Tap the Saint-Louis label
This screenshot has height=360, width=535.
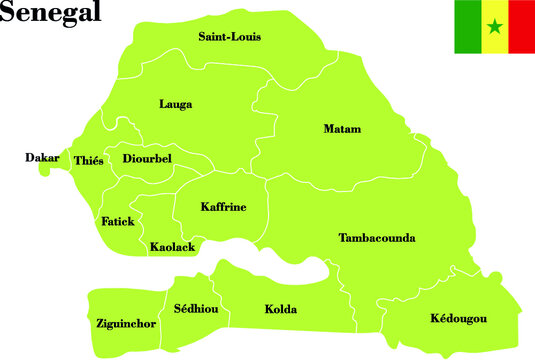[x=229, y=37]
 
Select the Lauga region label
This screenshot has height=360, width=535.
[x=175, y=104]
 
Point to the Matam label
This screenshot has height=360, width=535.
[x=342, y=129]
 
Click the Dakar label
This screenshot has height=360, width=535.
[x=42, y=158]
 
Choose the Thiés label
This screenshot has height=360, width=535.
[x=88, y=161]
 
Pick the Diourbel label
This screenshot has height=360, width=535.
[x=147, y=158]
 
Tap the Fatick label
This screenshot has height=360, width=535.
[x=118, y=221]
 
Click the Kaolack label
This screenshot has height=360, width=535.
[x=172, y=246]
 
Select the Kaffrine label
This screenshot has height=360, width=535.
[x=223, y=207]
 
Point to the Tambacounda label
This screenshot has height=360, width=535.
[x=377, y=238]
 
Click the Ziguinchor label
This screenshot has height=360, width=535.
[x=125, y=324]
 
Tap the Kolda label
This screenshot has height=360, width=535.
[x=280, y=310]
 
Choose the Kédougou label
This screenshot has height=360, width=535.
[x=458, y=318]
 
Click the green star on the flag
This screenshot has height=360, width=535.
[x=494, y=27]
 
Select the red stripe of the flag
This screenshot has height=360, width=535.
[x=521, y=27]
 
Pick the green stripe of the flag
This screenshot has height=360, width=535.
[x=467, y=27]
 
